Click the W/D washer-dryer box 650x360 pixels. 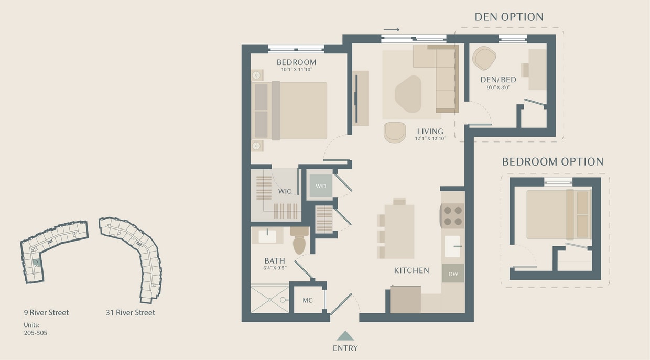320,186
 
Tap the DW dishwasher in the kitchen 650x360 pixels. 452,274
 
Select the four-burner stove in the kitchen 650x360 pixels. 452,215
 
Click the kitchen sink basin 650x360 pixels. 452,246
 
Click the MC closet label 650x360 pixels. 308,301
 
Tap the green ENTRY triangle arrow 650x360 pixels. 345,335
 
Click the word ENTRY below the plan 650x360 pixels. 345,348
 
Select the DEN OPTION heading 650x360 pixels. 509,17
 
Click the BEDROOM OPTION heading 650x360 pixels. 552,162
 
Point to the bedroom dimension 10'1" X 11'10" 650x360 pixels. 296,69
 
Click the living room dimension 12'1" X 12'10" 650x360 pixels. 430,138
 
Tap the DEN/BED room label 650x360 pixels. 498,80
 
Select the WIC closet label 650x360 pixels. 285,191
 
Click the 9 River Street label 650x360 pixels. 46,313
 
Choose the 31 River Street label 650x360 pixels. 130,313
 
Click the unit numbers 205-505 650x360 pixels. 36,332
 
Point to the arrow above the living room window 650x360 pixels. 391,30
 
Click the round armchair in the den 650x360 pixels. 484,58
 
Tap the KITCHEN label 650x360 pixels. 411,270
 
